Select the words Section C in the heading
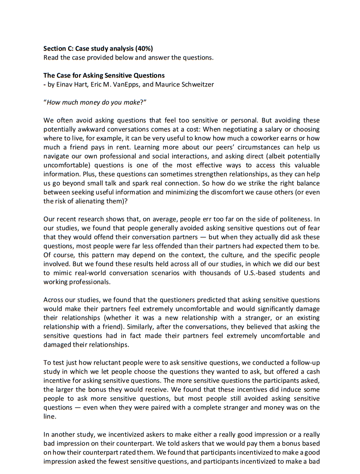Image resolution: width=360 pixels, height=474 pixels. (58, 49)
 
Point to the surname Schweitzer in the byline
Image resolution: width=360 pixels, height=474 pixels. (197, 84)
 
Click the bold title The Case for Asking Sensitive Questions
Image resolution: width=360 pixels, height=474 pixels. (104, 75)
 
